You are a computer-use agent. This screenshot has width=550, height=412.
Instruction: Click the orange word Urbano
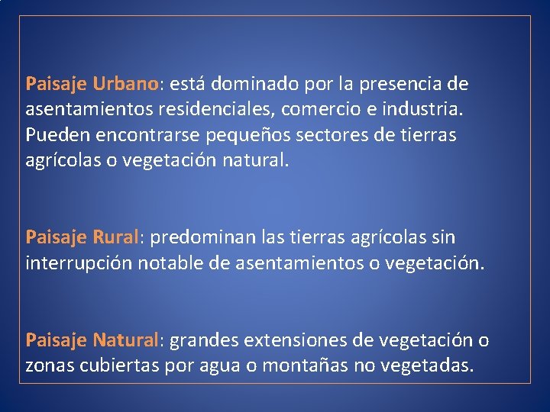(x=127, y=82)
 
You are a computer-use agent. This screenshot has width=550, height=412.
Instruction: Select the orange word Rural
(x=115, y=238)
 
